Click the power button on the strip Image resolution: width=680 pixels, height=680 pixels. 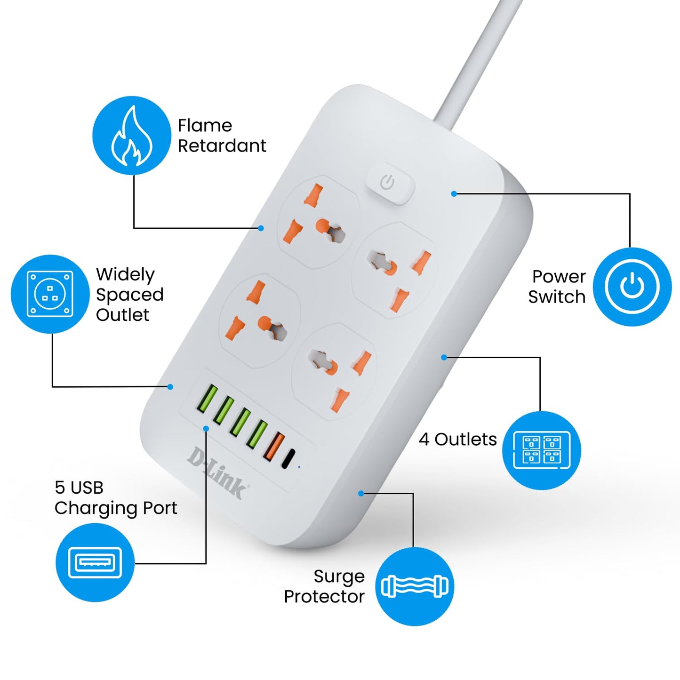pos(389,184)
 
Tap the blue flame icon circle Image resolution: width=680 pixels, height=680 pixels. pos(131,136)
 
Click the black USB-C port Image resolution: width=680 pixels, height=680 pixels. pos(288,458)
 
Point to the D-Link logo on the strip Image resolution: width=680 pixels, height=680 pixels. pos(217,473)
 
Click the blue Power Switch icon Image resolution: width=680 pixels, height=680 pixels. pos(632,287)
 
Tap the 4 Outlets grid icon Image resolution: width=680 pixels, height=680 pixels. pos(541,450)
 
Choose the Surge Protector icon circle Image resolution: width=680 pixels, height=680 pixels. pos(414,586)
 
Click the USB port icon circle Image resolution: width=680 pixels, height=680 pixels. pos(95,562)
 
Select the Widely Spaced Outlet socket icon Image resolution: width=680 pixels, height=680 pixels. pos(50,294)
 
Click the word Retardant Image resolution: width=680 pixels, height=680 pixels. pos(222,146)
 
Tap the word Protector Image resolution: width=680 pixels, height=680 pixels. pos(324,597)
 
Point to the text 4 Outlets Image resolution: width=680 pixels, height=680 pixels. pos(457,439)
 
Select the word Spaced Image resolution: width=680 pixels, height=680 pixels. pos(129,295)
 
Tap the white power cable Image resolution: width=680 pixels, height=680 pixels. pos(475,61)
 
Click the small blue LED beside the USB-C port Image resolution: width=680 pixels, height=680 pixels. pos(299,467)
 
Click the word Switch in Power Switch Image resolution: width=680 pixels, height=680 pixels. pos(556,297)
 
